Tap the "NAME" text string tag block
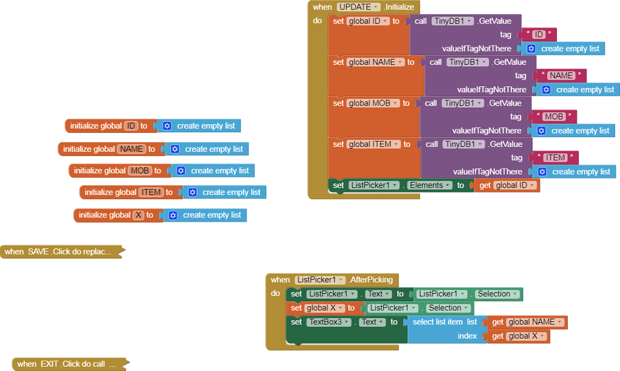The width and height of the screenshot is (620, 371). point(561,75)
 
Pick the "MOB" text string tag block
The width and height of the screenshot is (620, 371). point(553,117)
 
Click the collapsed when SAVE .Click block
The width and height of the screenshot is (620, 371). point(61,251)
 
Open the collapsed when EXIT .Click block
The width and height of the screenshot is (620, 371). point(67,364)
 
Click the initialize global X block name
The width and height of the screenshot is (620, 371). point(138,215)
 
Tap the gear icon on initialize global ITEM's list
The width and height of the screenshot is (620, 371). point(192,192)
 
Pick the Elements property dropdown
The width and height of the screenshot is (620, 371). point(430,185)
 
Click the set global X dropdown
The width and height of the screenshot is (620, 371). point(325,308)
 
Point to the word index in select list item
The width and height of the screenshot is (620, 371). point(467,336)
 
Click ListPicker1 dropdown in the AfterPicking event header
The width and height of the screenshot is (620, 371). point(319,280)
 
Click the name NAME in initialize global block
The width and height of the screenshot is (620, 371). point(132,149)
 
